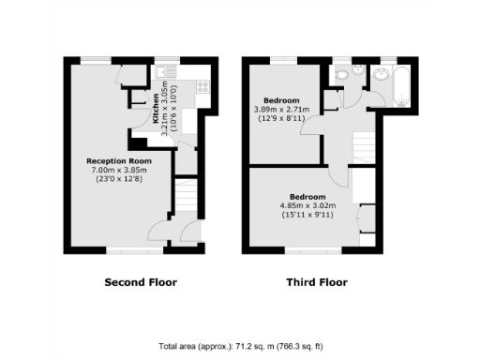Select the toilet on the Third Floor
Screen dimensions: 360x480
point(344,74)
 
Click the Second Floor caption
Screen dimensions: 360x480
point(140,282)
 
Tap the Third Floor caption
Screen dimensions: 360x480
point(316,282)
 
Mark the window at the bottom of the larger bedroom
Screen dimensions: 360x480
point(312,250)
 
